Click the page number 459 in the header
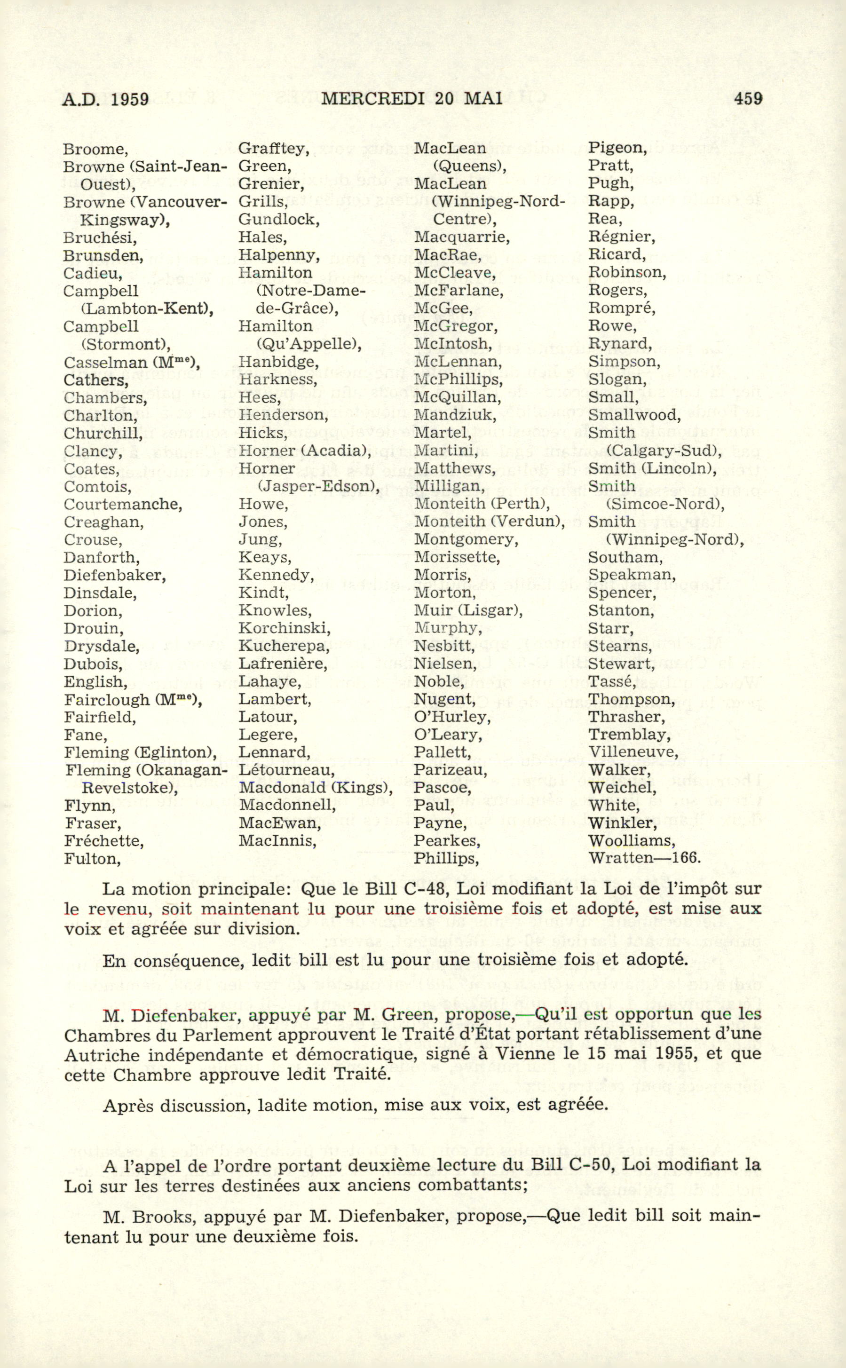pos(748,99)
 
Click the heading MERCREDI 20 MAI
pos(412,99)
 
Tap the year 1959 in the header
pos(130,100)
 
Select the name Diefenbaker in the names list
pos(114,575)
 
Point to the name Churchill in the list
pos(91,433)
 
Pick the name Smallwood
pos(634,415)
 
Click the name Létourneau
pos(286,770)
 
